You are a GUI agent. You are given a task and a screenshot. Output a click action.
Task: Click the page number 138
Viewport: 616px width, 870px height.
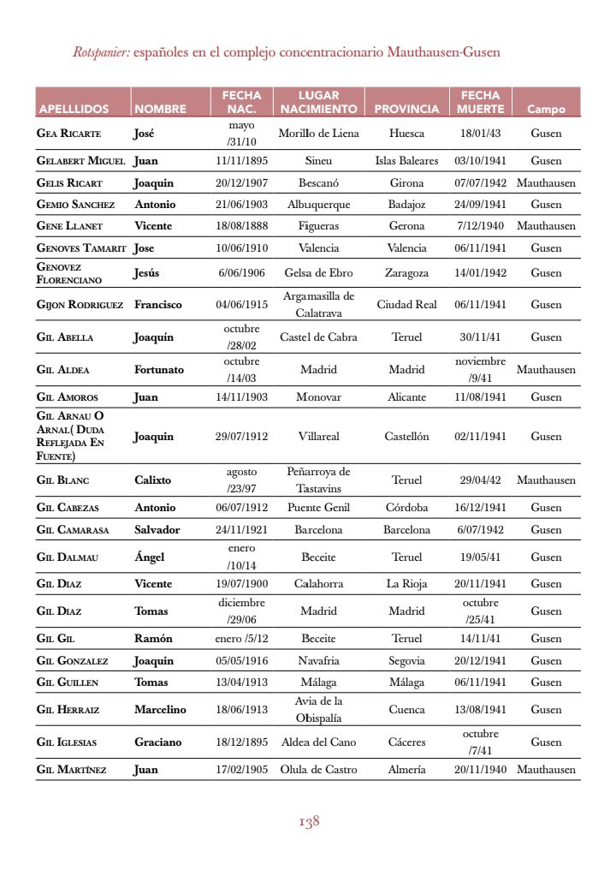[309, 822]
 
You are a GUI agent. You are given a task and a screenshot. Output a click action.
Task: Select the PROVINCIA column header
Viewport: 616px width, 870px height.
[406, 109]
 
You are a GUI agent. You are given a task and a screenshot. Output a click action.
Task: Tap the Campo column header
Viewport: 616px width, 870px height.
[546, 109]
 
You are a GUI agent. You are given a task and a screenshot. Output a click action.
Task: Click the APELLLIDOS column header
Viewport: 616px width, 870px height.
[73, 109]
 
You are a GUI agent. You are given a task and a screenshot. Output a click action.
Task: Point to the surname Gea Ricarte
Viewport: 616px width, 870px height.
[69, 134]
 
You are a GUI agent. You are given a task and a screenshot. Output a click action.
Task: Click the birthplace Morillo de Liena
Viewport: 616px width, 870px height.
[318, 134]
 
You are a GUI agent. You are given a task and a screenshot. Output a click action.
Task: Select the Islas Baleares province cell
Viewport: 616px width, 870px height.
[406, 161]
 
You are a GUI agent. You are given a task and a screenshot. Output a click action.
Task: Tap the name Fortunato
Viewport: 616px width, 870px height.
[159, 370]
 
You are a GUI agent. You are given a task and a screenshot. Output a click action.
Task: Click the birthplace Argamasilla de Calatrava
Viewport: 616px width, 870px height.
[318, 304]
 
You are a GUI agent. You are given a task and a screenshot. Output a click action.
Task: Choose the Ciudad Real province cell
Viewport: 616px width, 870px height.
[406, 304]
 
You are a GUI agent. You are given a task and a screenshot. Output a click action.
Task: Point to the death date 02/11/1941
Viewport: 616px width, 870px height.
[480, 436]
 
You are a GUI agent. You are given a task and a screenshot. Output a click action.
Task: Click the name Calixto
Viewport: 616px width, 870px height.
[153, 480]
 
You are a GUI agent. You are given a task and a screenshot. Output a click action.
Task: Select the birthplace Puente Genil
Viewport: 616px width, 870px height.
[318, 508]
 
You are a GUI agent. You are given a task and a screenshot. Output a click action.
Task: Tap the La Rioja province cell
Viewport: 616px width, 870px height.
[406, 584]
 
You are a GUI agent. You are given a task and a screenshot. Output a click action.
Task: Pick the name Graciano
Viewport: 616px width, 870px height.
[158, 742]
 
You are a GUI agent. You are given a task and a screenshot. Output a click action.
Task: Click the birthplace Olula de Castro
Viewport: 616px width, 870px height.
[318, 770]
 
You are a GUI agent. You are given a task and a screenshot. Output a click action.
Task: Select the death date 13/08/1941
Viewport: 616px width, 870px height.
[480, 709]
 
